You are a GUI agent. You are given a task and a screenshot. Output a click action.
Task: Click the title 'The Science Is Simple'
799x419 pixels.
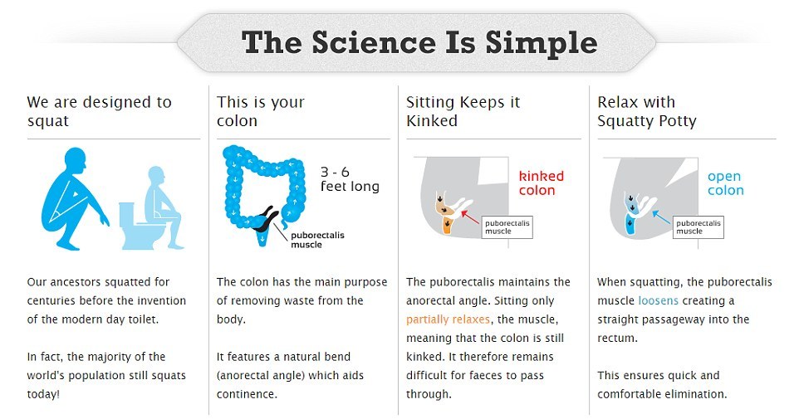[x=419, y=42]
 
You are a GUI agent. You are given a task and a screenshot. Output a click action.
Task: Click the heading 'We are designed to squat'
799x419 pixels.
[x=100, y=111]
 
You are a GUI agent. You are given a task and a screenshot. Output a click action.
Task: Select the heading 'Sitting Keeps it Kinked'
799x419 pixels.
[x=463, y=111]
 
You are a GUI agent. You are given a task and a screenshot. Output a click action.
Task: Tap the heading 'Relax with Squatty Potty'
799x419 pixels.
[x=647, y=111]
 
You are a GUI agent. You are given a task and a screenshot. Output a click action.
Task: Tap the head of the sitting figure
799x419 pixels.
[x=156, y=177]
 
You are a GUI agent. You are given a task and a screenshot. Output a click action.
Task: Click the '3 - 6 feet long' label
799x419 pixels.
[x=350, y=179]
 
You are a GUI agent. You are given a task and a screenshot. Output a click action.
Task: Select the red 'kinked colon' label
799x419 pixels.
[x=542, y=183]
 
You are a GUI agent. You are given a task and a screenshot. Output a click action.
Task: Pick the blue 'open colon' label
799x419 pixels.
[x=725, y=183]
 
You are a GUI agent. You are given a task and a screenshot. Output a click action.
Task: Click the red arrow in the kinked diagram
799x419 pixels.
[x=470, y=217]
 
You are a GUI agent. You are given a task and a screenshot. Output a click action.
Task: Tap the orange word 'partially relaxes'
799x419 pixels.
[x=448, y=319]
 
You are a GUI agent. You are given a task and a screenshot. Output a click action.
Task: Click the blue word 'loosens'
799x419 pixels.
[x=658, y=301]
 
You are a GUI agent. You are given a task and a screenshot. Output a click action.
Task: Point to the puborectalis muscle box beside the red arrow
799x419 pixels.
[x=507, y=227]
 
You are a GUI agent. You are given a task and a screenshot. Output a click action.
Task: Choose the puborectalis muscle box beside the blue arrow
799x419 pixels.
[x=699, y=227]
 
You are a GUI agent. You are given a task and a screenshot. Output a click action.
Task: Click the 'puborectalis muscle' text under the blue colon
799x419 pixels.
[x=317, y=240]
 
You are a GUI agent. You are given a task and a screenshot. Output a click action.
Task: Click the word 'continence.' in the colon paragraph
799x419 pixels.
[x=247, y=394]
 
